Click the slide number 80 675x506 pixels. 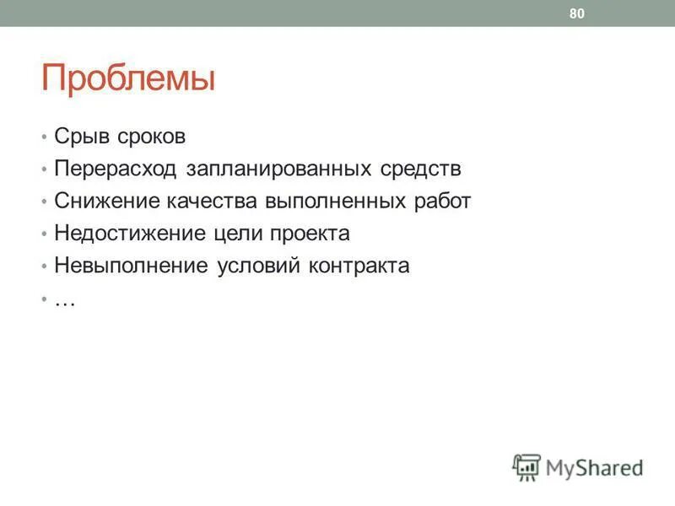click(x=577, y=13)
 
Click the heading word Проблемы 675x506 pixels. click(x=128, y=79)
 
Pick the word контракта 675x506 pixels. click(x=358, y=266)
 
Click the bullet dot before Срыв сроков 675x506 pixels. click(x=44, y=137)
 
